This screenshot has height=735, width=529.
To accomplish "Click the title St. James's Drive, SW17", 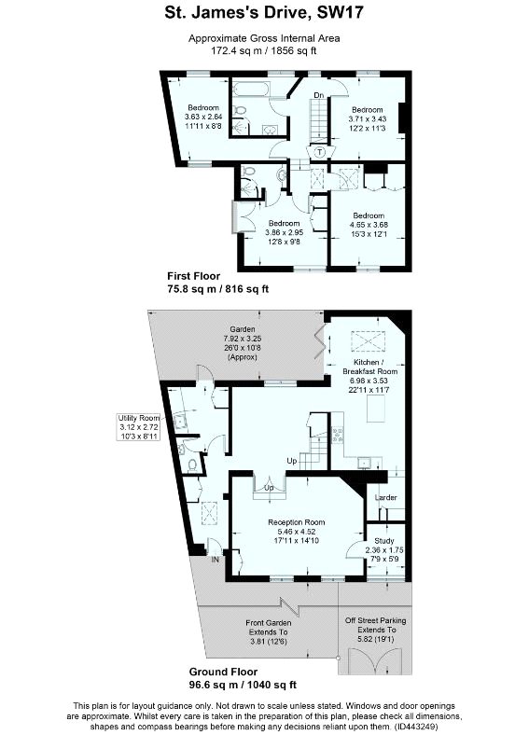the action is coord(264,13).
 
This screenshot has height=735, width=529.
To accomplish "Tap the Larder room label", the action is coord(386,497).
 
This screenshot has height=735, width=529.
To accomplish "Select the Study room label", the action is coord(384,540).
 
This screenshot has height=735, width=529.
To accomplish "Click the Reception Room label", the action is coord(297,522).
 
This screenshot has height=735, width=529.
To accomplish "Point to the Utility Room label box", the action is coord(139,427).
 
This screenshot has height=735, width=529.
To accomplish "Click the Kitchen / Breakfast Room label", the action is coord(370,367).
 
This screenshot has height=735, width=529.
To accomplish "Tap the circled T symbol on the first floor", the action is coord(320,152).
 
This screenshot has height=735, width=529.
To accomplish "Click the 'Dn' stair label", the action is coord(319,95).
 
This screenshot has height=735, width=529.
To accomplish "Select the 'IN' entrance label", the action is coord(216,560).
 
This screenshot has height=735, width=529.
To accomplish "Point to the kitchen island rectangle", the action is coord(376,409).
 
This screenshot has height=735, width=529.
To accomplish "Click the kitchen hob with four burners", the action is coord(337,435).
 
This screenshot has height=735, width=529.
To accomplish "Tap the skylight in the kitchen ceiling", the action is coord(369,340).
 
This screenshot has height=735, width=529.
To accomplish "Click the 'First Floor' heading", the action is coord(194,276).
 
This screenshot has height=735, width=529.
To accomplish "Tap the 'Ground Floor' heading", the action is coord(223,672).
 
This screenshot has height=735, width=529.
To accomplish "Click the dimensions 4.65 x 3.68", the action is coord(369,225).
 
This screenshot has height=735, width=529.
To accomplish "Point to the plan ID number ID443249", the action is coord(415,727).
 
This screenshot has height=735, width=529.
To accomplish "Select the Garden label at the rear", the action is coord(243,329).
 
